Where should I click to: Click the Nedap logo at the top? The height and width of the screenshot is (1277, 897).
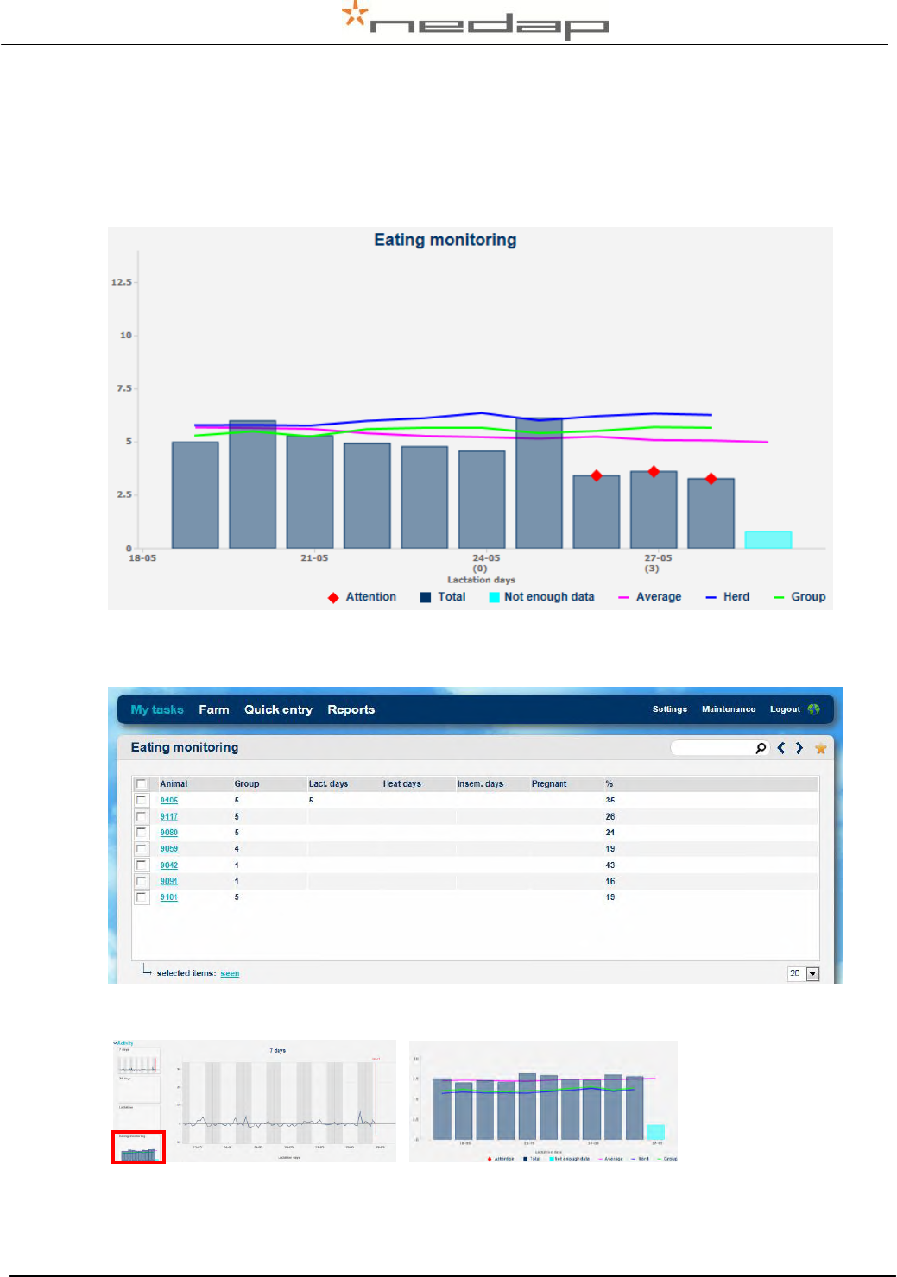(476, 22)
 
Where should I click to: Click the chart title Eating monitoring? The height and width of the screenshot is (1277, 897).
(445, 240)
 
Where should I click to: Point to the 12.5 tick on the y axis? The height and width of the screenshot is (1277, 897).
(122, 282)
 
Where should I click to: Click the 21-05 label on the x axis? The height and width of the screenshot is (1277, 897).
(314, 558)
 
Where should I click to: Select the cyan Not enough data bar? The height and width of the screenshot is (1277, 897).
(768, 539)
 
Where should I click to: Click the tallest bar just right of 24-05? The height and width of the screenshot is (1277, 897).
(539, 483)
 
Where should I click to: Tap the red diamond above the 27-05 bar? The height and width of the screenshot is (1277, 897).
(654, 471)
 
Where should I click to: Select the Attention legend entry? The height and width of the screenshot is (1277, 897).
(363, 597)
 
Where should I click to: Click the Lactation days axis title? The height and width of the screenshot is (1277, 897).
(481, 580)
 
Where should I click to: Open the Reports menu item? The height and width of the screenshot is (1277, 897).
(351, 709)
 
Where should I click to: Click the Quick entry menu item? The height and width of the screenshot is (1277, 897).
(278, 709)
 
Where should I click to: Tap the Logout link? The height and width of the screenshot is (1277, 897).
(785, 709)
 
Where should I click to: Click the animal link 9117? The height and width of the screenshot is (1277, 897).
(169, 816)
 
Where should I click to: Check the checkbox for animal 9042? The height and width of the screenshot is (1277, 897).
(142, 865)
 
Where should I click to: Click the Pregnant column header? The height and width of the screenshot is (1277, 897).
(549, 783)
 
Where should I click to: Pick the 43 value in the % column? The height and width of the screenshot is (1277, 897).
(610, 865)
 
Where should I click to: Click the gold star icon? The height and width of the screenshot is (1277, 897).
(820, 748)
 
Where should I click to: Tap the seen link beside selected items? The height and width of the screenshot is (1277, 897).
(230, 973)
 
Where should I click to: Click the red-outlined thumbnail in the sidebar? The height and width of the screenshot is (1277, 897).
(138, 1148)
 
